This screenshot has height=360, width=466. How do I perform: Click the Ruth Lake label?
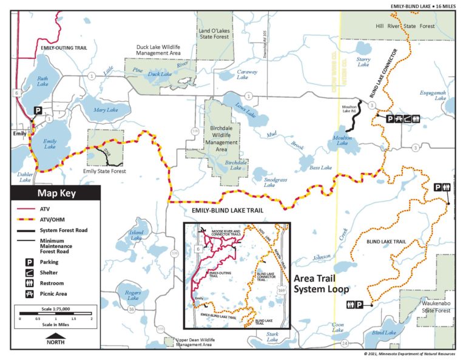(42, 81)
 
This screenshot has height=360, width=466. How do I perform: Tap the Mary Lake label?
(106, 110)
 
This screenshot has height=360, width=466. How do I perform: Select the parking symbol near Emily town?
(37, 111)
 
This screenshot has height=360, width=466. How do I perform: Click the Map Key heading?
(55, 194)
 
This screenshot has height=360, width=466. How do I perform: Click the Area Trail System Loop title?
(320, 284)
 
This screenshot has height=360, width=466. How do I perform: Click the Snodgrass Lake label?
(265, 182)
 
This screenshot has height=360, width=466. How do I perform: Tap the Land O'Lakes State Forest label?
(214, 33)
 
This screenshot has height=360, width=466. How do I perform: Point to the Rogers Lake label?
(133, 295)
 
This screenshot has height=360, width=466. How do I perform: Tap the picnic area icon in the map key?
(27, 293)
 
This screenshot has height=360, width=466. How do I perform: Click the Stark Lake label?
(273, 336)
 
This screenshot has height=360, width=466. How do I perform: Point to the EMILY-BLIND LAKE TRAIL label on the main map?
(226, 211)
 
